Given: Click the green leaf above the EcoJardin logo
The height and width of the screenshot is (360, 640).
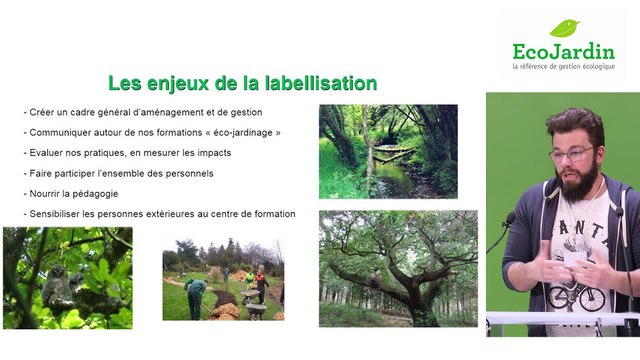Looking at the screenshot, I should [565, 28].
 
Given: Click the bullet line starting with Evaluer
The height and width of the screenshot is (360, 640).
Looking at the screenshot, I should [128, 152].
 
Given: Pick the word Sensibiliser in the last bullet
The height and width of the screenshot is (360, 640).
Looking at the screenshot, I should [57, 214].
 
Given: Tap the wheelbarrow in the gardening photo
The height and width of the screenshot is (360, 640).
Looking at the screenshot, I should [254, 309].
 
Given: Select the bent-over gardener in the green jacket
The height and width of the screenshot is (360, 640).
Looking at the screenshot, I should [197, 295].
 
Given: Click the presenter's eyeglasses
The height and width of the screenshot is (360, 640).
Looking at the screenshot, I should [571, 154].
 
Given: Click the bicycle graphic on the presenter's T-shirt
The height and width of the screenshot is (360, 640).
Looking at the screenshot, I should [578, 296].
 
